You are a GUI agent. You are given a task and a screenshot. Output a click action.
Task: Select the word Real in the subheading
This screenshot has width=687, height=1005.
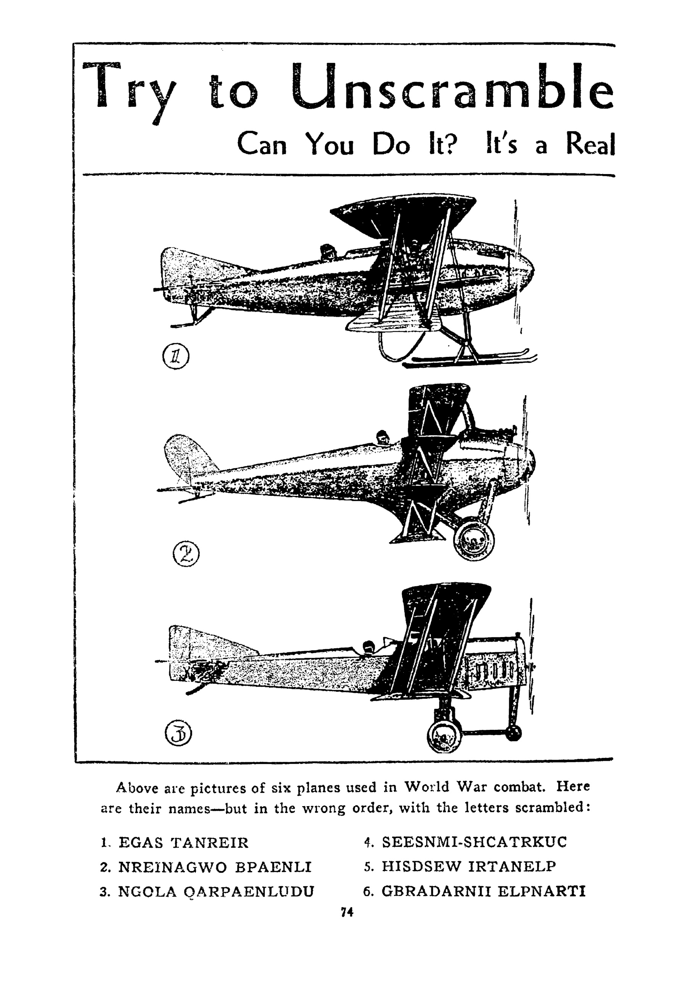click(x=590, y=144)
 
